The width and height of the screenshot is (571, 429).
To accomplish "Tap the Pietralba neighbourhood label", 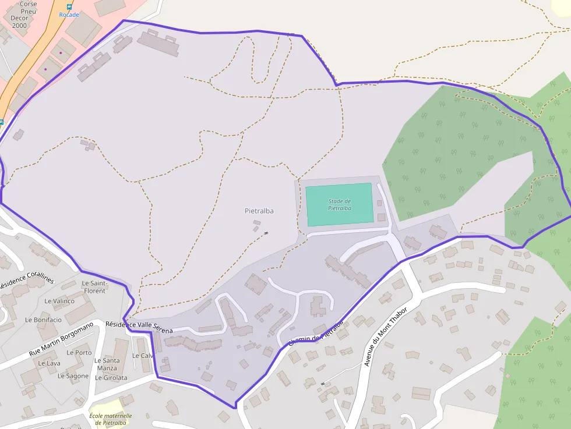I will (259, 211).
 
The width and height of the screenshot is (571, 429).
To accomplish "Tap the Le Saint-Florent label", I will (94, 287).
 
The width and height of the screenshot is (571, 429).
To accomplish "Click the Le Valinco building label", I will (59, 301).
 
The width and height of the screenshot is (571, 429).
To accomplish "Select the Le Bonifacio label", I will (43, 320).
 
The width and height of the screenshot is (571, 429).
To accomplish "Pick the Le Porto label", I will (79, 352).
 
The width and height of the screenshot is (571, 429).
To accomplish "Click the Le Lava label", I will (49, 363).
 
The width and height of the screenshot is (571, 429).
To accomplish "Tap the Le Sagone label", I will (73, 376).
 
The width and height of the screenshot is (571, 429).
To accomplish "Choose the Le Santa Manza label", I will (107, 364).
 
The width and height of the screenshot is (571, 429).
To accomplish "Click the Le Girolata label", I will (111, 378).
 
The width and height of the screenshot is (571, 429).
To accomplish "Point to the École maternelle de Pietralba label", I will (111, 419).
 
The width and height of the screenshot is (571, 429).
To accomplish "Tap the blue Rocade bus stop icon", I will (69, 7).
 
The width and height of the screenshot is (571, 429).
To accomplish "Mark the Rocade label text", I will (69, 15).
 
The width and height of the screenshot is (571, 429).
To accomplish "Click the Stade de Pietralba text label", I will (339, 204).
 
